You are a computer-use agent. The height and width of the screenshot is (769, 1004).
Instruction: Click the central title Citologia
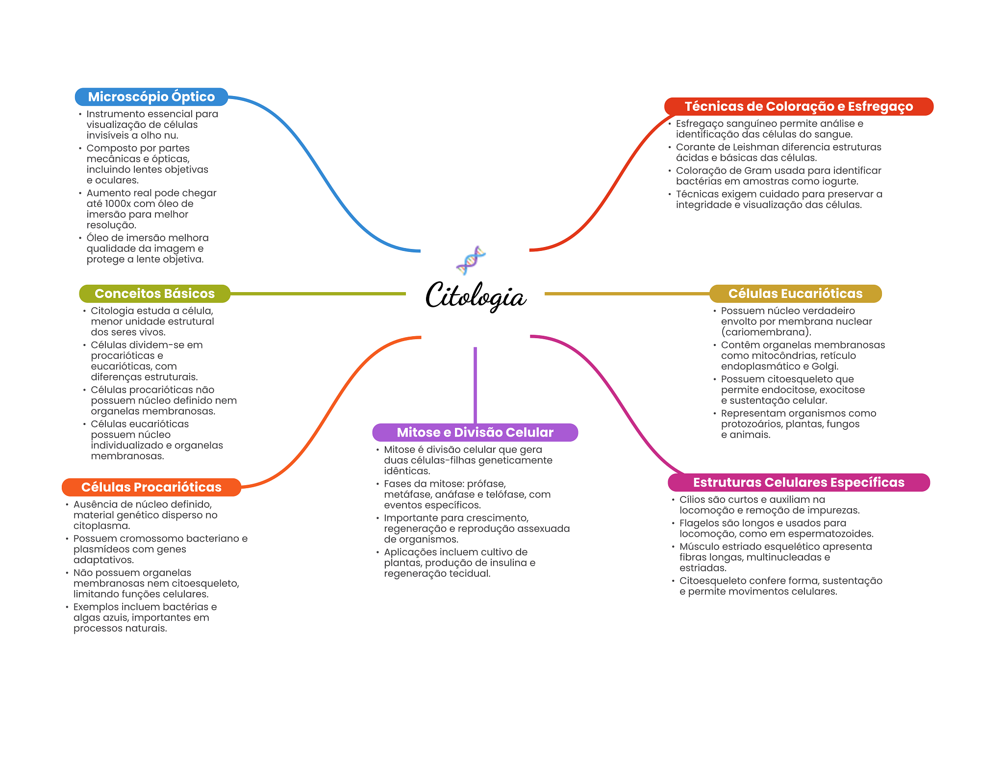tap(475, 296)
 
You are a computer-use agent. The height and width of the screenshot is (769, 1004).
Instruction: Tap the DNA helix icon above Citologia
tap(471, 260)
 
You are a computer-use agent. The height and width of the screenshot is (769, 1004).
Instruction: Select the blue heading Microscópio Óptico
tap(151, 97)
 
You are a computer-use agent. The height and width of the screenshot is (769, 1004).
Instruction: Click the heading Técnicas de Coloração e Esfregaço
tap(798, 106)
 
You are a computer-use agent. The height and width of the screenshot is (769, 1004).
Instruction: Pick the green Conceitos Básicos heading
tap(154, 294)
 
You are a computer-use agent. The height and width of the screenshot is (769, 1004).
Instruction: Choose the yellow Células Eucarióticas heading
tap(795, 294)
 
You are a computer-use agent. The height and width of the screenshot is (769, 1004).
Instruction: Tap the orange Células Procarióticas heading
tap(151, 487)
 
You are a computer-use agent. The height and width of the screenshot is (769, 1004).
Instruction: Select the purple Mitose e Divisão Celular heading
tap(475, 432)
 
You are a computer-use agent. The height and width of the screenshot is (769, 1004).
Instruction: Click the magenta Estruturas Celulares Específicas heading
tap(798, 482)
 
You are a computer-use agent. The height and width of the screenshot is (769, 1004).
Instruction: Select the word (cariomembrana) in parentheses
tap(766, 332)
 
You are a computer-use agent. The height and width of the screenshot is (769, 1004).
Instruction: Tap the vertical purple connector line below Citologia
tap(475, 385)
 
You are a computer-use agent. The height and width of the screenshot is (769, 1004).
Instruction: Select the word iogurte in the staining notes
tap(839, 181)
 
